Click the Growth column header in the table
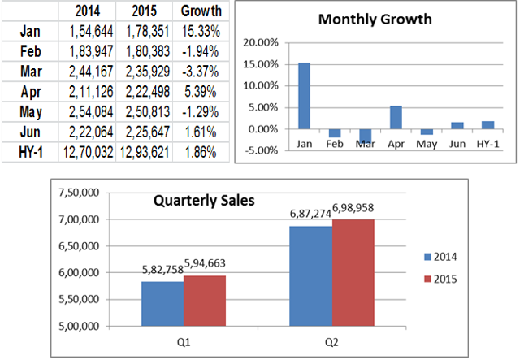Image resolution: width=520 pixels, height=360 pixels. click(x=200, y=12)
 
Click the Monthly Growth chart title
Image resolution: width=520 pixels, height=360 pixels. click(x=375, y=19)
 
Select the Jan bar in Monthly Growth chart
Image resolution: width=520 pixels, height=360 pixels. click(x=304, y=96)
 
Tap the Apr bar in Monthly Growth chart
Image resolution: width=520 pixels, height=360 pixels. click(x=395, y=117)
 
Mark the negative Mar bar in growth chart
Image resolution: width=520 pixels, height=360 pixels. click(x=365, y=136)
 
